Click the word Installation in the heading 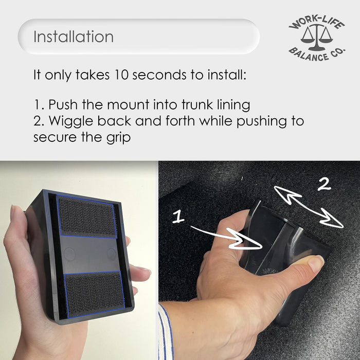pos(74,37)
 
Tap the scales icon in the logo pos(316,37)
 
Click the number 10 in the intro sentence pos(121,75)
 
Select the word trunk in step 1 pos(197,104)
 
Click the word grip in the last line pos(118,138)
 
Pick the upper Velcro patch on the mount pos(86,217)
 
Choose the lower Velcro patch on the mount pos(95,295)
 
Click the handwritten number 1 pos(178,217)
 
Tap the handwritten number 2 pos(324,184)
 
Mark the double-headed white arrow pos(309,207)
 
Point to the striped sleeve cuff pos(165,333)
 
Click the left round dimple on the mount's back pos(69,254)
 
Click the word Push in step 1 pos(63,104)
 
